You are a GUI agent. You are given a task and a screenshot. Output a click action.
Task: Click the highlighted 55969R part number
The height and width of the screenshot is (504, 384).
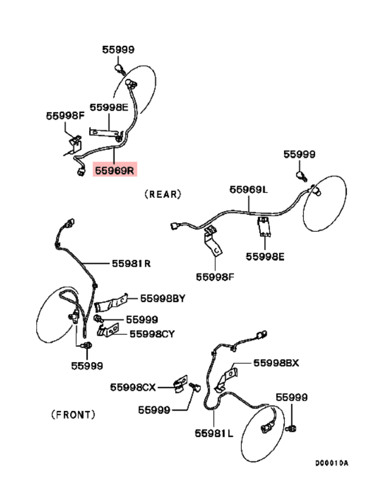115,169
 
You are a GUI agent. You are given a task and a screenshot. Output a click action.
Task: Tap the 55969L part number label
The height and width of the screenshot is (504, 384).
248,190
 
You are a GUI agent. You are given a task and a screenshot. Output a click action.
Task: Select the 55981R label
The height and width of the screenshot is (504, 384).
131,263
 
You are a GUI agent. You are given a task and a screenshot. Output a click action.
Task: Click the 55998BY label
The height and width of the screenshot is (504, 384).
163,298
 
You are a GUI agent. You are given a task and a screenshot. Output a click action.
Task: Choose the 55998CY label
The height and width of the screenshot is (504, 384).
152,333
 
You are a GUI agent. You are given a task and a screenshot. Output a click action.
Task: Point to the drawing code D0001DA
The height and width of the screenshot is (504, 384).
331,463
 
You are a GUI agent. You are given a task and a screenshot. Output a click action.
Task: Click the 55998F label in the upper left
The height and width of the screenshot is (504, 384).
65,115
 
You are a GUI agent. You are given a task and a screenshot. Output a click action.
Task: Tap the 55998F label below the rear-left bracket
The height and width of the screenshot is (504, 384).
215,277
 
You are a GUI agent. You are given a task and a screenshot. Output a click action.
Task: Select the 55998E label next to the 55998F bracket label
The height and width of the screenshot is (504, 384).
109,107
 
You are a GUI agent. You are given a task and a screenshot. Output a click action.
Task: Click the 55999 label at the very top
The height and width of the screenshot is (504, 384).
118,49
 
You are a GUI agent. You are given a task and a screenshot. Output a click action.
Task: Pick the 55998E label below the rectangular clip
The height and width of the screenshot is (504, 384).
265,257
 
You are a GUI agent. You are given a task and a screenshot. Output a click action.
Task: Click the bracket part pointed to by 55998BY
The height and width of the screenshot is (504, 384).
108,304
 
